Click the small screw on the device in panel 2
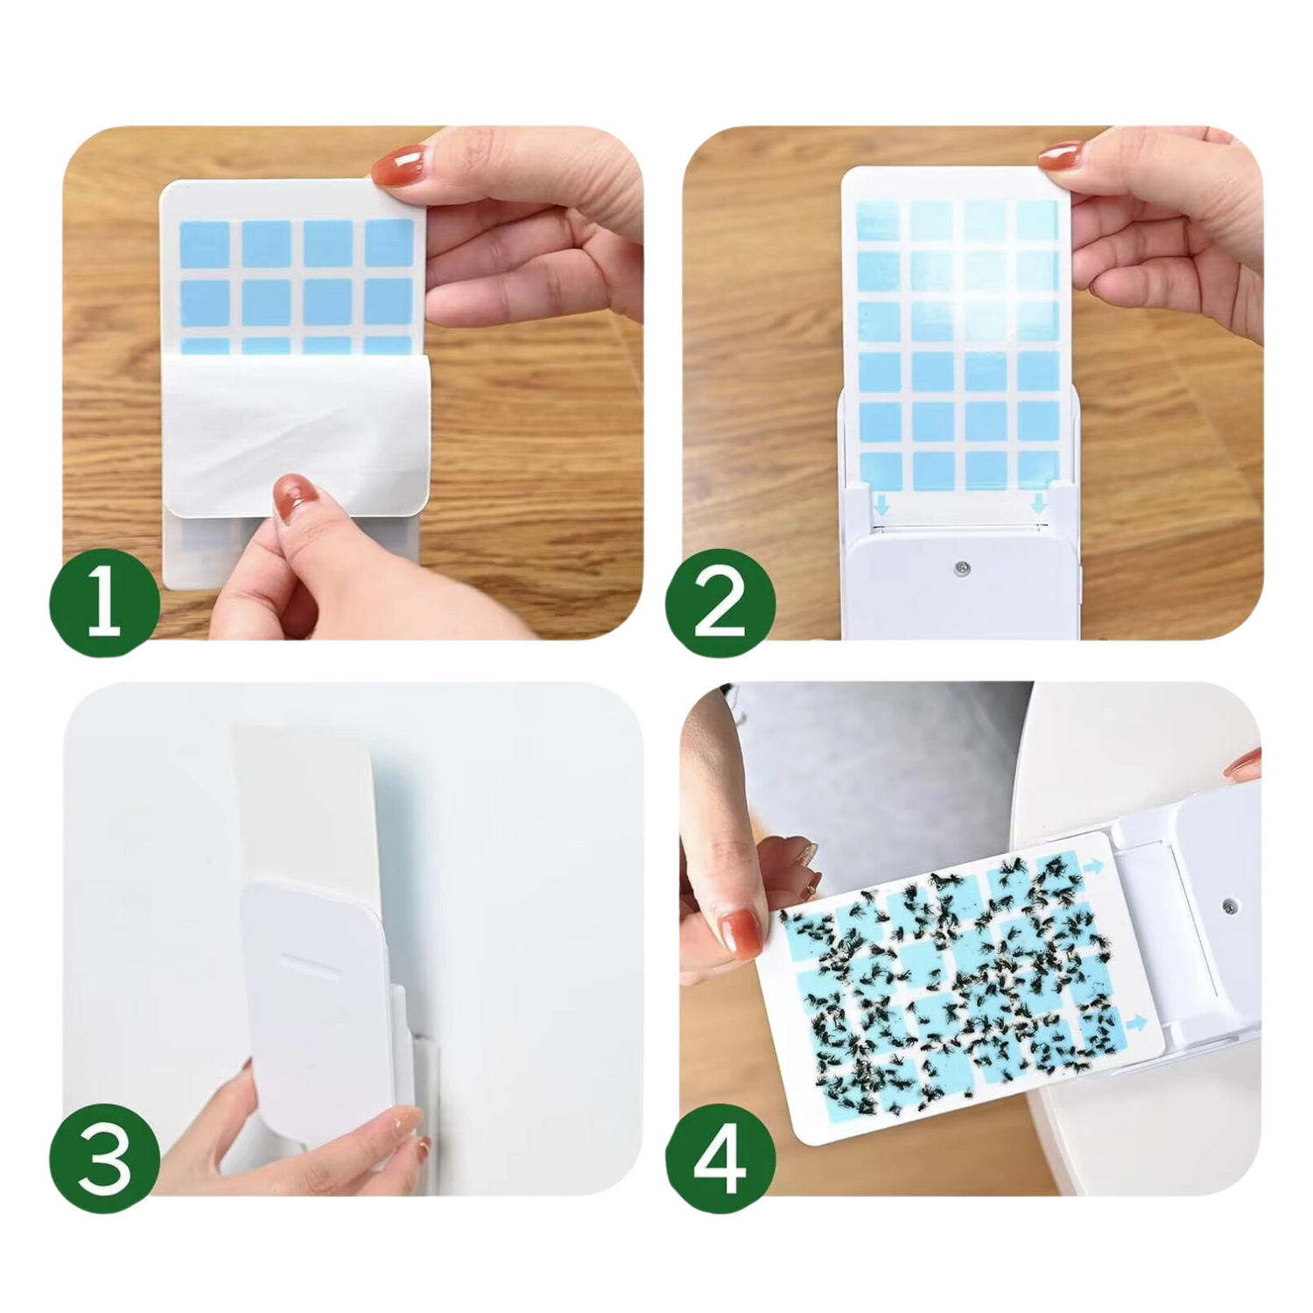962,568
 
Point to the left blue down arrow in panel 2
881,504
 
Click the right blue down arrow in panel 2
1038,503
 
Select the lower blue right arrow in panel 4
1136,1022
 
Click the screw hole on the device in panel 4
1230,902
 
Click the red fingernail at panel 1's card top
397,167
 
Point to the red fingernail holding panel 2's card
1059,155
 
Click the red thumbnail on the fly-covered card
740,931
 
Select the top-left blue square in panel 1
205,243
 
